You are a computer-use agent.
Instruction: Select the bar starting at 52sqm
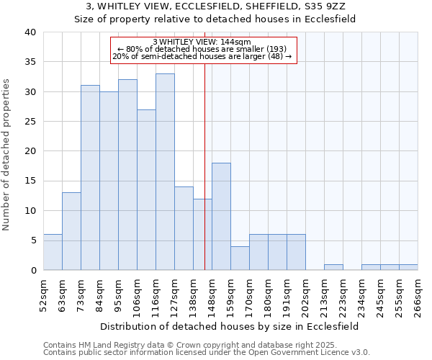pyautogui.click(x=53, y=252)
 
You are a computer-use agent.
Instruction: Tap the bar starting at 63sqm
pyautogui.click(x=71, y=231)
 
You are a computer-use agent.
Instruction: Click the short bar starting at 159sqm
pyautogui.click(x=240, y=258)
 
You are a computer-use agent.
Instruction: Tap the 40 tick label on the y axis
pyautogui.click(x=30, y=32)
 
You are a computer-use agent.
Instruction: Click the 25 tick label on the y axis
pyautogui.click(x=30, y=122)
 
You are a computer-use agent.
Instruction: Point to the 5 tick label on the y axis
pyautogui.click(x=32, y=240)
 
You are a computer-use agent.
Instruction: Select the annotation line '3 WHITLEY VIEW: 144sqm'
pyautogui.click(x=202, y=42)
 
